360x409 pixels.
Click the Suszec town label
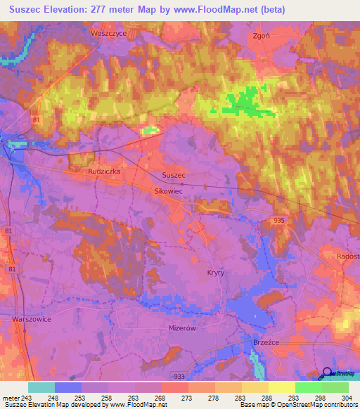coord(173,174)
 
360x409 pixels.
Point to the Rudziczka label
coord(103,171)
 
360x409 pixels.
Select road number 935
coord(279,221)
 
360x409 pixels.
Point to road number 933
coord(179,376)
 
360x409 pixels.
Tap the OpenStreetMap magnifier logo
coord(327,374)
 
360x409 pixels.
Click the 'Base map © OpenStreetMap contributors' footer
coord(297,405)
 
